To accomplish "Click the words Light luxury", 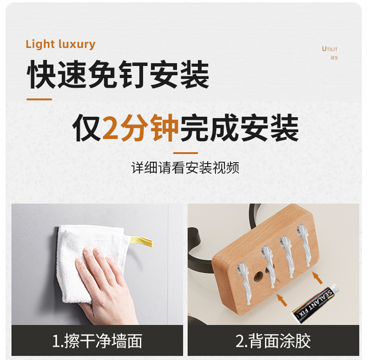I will coord(60,45).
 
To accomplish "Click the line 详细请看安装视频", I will coord(185,168).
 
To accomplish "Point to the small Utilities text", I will coord(330,53).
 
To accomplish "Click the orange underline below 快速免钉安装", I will coord(39,99).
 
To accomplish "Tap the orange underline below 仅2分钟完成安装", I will coord(185,152).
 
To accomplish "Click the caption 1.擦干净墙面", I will coord(97,341).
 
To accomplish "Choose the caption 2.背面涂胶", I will coord(273,341).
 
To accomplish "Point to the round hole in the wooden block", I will coord(257,277).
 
